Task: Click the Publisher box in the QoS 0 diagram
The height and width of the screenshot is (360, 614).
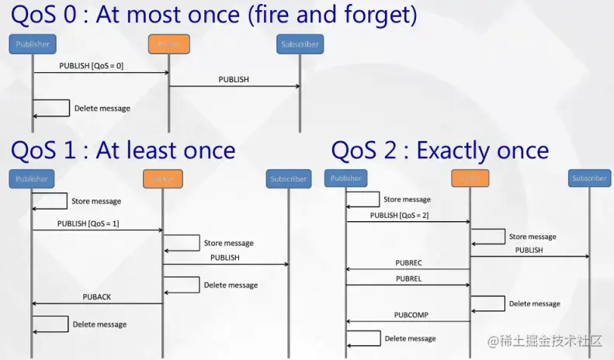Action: pyautogui.click(x=33, y=44)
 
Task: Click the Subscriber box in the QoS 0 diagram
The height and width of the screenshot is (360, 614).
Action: pyautogui.click(x=300, y=44)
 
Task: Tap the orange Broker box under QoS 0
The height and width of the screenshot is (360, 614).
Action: pyautogui.click(x=169, y=44)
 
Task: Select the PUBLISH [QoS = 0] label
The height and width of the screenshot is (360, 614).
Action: pyautogui.click(x=91, y=66)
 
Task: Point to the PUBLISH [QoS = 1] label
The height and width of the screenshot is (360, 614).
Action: pyautogui.click(x=88, y=223)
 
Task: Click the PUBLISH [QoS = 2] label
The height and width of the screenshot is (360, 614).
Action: pyautogui.click(x=399, y=215)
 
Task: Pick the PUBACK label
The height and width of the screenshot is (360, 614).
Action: pyautogui.click(x=97, y=297)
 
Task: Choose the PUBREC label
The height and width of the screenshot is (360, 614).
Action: pyautogui.click(x=408, y=263)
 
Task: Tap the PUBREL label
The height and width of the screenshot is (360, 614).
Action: pyautogui.click(x=408, y=279)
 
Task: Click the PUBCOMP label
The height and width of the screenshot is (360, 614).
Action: pyautogui.click(x=410, y=315)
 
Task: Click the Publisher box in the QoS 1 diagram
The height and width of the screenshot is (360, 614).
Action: pyautogui.click(x=32, y=178)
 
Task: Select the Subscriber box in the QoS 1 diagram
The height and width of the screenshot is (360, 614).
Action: pyautogui.click(x=288, y=179)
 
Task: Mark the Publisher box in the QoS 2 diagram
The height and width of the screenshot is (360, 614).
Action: pyautogui.click(x=345, y=178)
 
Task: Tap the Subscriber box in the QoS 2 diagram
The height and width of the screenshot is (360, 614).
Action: pyautogui.click(x=589, y=178)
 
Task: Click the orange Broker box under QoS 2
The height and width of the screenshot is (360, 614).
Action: pyautogui.click(x=470, y=178)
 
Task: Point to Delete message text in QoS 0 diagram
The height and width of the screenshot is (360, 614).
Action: pyautogui.click(x=102, y=108)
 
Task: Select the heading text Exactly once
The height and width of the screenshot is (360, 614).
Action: pyautogui.click(x=482, y=150)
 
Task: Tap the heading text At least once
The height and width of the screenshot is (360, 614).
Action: pyautogui.click(x=165, y=150)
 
